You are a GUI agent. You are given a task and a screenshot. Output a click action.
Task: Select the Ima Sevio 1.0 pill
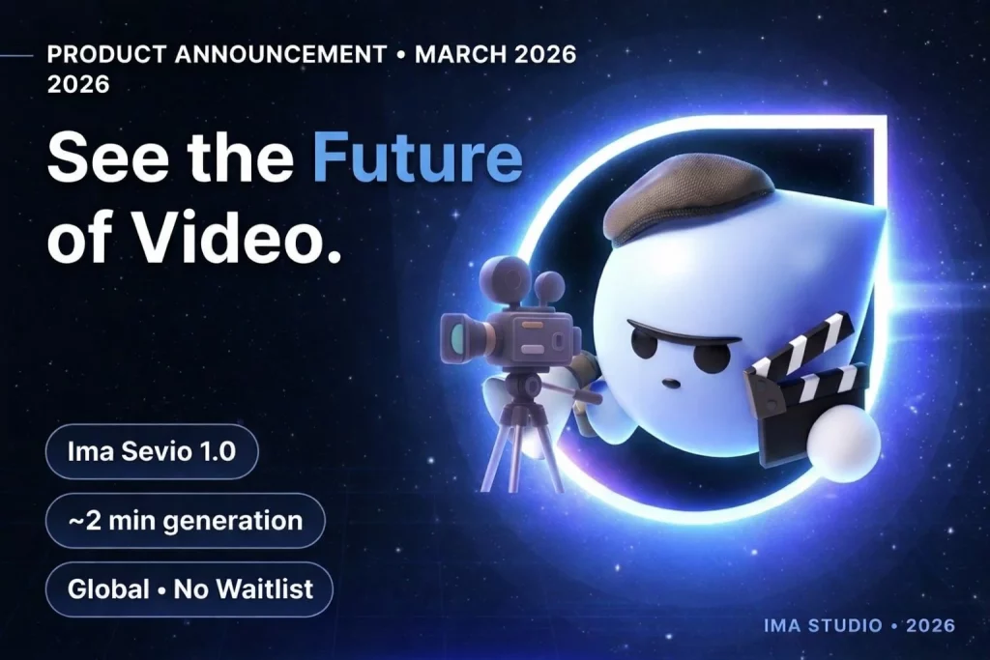pos(152,452)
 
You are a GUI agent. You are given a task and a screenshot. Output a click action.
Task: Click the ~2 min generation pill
pos(185,521)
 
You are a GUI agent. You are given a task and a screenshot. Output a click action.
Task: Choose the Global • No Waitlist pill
pos(189,589)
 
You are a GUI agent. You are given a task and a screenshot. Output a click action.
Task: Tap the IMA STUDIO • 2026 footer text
pos(859,625)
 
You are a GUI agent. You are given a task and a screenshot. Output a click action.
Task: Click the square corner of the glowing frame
pos(882,121)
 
